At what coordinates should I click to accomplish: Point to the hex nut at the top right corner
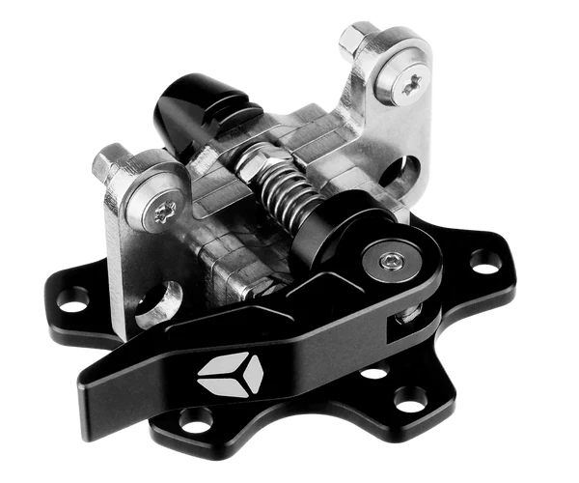click(x=358, y=43)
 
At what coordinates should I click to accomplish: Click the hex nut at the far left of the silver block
click(x=109, y=159)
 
